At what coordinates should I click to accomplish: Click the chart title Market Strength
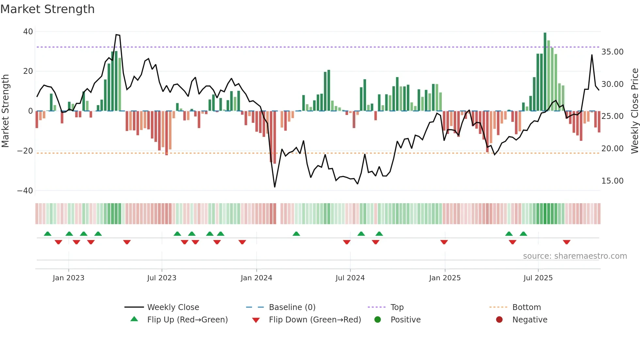[x=48, y=9]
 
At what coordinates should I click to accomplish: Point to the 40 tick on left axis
[x=28, y=32]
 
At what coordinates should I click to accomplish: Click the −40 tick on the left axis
[x=25, y=190]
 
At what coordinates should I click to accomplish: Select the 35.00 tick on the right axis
[x=612, y=52]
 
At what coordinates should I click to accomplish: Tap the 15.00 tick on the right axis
[x=612, y=181]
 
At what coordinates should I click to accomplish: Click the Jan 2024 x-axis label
[x=256, y=278]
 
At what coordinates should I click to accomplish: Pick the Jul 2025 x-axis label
[x=538, y=278]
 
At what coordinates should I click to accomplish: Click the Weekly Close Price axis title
[x=634, y=111]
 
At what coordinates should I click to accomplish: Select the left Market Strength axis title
[x=6, y=111]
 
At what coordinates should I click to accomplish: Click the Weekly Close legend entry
[x=173, y=307]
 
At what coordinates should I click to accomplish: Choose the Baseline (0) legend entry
[x=292, y=307]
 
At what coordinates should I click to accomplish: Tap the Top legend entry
[x=397, y=307]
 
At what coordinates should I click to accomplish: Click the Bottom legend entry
[x=526, y=307]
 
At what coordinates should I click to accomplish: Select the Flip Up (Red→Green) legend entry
[x=187, y=320]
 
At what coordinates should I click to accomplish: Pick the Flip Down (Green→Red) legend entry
[x=315, y=320]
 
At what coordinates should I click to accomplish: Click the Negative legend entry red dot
[x=499, y=320]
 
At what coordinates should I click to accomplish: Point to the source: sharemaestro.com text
[x=575, y=256]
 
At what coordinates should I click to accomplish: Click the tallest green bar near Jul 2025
[x=545, y=72]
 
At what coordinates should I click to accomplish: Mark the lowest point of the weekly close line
[x=275, y=187]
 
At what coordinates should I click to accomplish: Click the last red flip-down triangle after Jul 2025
[x=567, y=242]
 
